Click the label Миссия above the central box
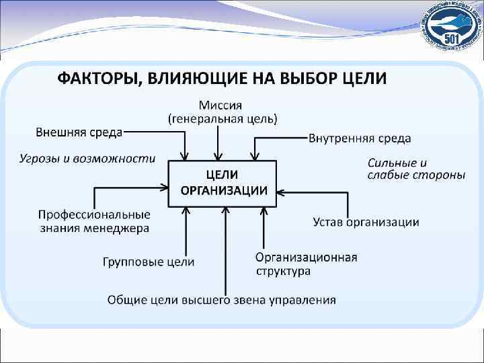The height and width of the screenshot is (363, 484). click(220, 105)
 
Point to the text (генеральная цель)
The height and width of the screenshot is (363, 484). click(222, 118)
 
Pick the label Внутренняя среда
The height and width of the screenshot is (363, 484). click(360, 138)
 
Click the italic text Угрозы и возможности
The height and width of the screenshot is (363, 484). click(85, 159)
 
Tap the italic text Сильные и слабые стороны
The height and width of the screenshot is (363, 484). click(415, 169)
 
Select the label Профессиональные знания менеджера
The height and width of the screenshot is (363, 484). click(93, 221)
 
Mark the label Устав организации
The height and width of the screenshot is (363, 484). click(366, 222)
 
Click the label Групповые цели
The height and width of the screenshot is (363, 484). click(149, 261)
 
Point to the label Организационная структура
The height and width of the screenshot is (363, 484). click(305, 264)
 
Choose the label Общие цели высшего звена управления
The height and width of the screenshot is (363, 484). click(222, 299)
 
